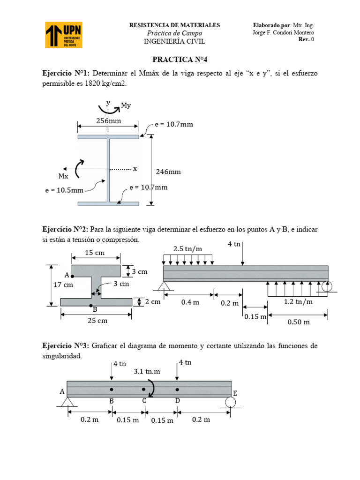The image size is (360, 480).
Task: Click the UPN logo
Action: [x=64, y=35]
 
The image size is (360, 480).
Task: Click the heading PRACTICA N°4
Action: [x=180, y=60]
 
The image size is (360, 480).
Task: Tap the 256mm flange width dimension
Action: [x=109, y=120]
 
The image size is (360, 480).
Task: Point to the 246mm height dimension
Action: [x=168, y=172]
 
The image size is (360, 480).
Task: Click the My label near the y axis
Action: [x=126, y=106]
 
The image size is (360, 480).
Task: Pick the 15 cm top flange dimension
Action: [x=95, y=253]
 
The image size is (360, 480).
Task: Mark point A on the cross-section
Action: [x=72, y=277]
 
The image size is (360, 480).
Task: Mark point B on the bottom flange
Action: [x=91, y=305]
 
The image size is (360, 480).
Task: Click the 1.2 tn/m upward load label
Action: [x=298, y=302]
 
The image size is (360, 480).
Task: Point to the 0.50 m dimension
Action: [x=299, y=322]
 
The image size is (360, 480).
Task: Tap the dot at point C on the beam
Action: [x=144, y=389]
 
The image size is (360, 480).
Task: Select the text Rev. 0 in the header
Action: [x=306, y=39]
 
